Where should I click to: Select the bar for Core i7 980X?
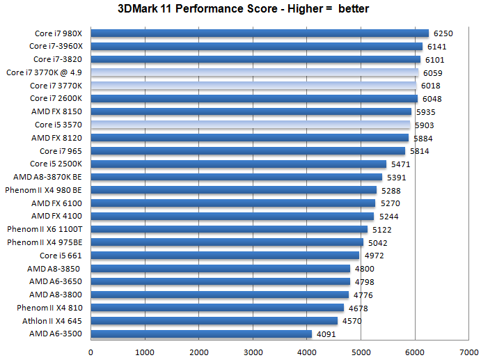259,33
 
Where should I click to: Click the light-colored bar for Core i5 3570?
251,125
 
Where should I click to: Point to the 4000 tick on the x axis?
307,352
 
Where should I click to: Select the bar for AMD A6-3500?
201,334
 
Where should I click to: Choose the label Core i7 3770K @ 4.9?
45,72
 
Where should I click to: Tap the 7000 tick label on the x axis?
469,352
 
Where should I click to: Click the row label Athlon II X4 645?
52,321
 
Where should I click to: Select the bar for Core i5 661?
225,256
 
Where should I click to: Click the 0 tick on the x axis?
90,352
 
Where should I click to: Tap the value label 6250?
443,33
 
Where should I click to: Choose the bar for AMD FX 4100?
232,216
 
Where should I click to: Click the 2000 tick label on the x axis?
198,352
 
